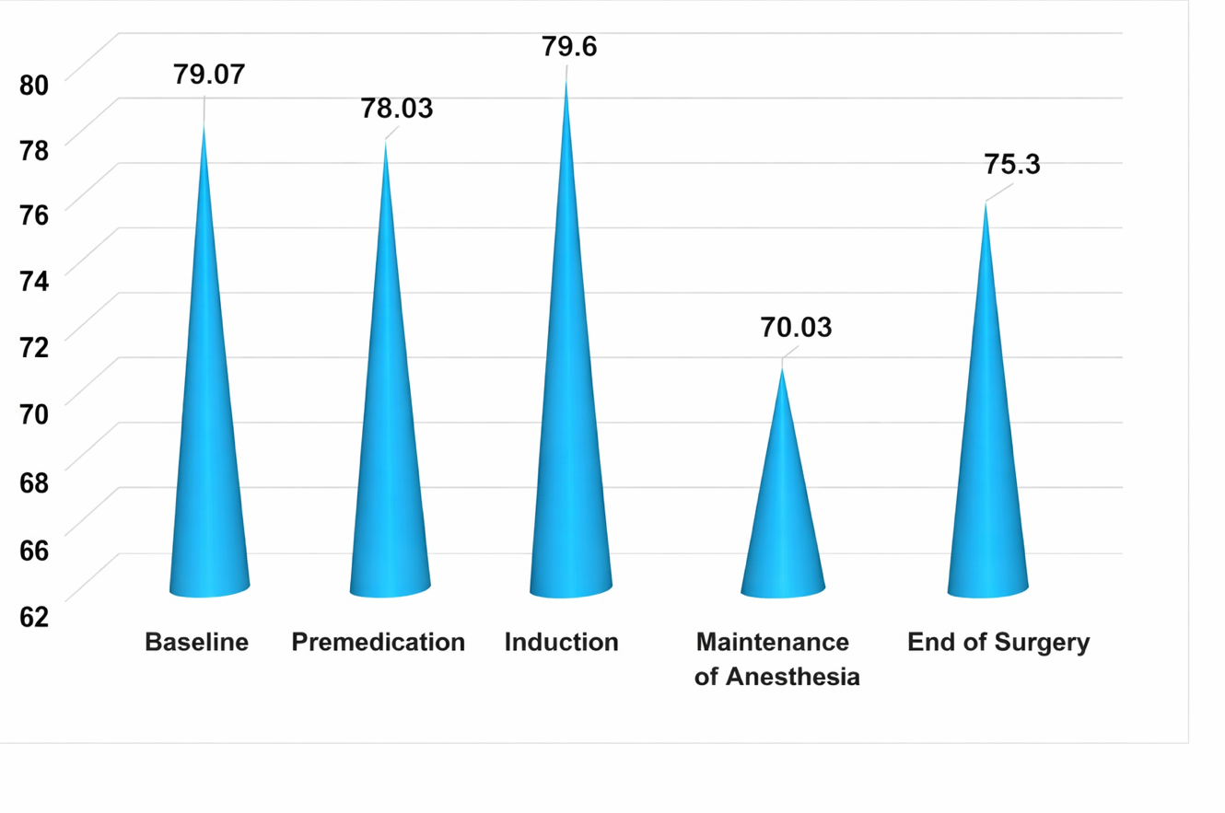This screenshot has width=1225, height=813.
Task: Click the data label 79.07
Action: pos(210,74)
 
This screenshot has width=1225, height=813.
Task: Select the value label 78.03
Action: pos(396,108)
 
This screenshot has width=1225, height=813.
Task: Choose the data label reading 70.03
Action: pos(796,327)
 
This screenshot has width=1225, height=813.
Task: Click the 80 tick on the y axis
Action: pos(33,85)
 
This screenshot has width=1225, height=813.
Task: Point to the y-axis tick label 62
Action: pos(33,617)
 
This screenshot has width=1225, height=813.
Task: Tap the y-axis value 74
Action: pos(33,283)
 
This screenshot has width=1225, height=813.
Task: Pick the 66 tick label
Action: pos(33,550)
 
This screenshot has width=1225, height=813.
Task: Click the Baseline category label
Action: pos(197,642)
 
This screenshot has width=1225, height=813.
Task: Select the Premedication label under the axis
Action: pos(378,642)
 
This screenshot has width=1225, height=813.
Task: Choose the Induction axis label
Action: pos(561,642)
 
